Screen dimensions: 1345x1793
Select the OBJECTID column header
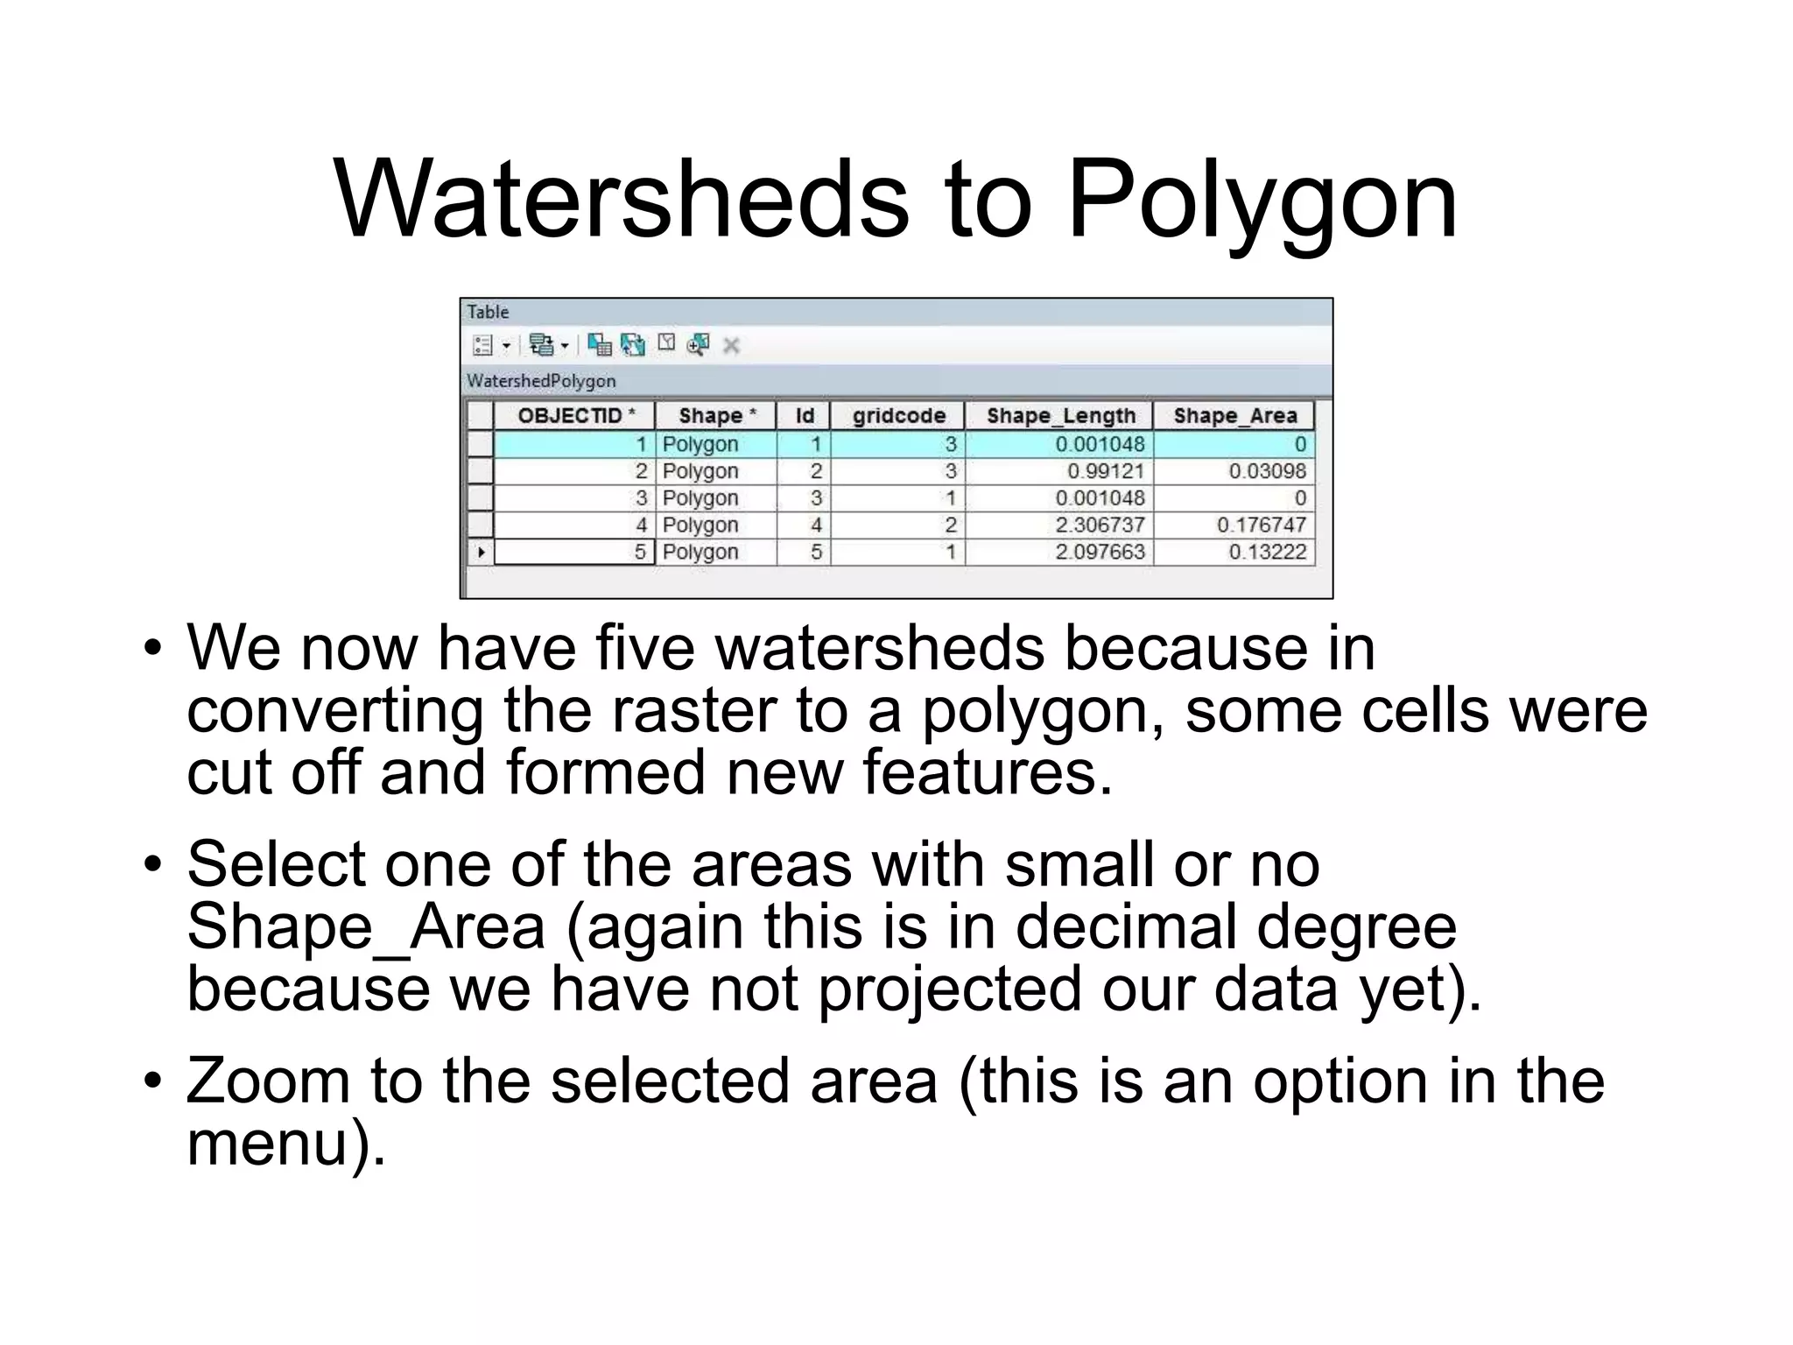pyautogui.click(x=575, y=415)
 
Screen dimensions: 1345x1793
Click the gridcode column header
pyautogui.click(x=898, y=415)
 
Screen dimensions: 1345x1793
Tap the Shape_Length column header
pyautogui.click(x=1060, y=415)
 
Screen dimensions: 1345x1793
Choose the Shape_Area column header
pyautogui.click(x=1234, y=415)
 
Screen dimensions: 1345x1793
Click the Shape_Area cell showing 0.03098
pyautogui.click(x=1267, y=471)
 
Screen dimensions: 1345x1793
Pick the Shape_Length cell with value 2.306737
pyautogui.click(x=1100, y=525)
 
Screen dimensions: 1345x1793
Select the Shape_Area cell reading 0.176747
pyautogui.click(x=1261, y=525)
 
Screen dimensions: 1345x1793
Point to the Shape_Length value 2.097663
pyautogui.click(x=1100, y=552)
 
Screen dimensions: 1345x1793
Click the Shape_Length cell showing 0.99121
pyautogui.click(x=1105, y=471)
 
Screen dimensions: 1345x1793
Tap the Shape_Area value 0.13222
pyautogui.click(x=1267, y=552)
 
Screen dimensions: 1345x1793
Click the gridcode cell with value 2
pyautogui.click(x=950, y=525)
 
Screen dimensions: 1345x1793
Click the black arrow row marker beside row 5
pyautogui.click(x=481, y=553)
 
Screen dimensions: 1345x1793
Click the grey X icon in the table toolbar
pyautogui.click(x=731, y=346)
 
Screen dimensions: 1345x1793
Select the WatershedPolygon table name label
pyautogui.click(x=541, y=381)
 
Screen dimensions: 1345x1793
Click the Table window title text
pyautogui.click(x=488, y=312)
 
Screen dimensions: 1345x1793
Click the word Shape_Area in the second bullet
pyautogui.click(x=366, y=926)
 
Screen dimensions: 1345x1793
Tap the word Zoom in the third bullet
pyautogui.click(x=268, y=1081)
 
